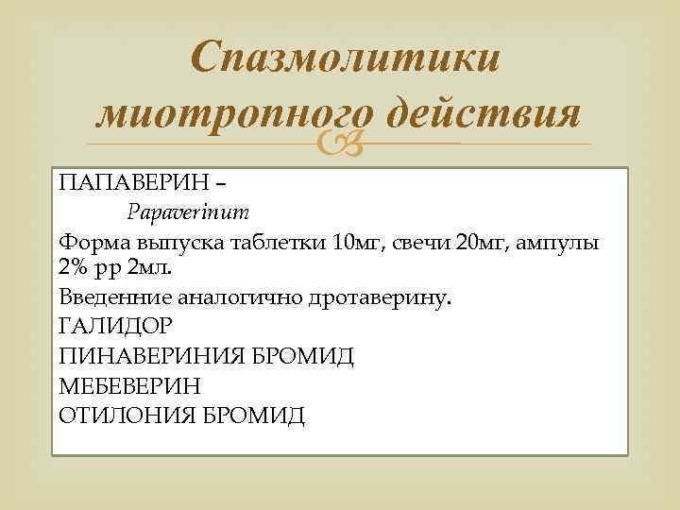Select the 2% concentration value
(x=73, y=266)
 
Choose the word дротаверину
(x=378, y=298)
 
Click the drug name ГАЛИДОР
(x=114, y=328)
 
